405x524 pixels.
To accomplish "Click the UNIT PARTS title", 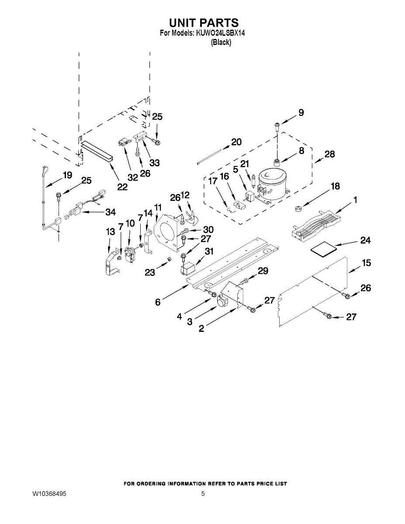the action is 204,23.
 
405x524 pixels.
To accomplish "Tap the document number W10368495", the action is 49,493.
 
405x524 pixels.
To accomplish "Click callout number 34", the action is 111,212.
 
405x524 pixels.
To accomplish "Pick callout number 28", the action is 330,154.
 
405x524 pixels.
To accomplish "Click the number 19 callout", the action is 68,175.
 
